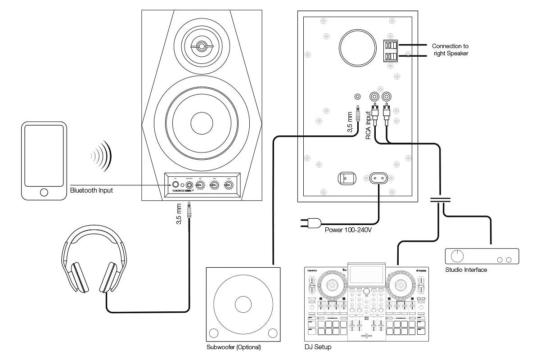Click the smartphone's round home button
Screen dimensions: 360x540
(x=44, y=192)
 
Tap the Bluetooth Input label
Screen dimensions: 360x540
(x=91, y=190)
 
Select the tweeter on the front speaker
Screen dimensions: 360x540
(x=201, y=46)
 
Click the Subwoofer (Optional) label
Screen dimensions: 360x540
(x=234, y=347)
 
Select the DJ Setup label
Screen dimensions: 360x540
(x=318, y=347)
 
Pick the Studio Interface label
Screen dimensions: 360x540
(x=466, y=270)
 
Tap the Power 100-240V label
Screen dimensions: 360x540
(x=349, y=229)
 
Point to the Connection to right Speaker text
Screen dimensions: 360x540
(x=450, y=49)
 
